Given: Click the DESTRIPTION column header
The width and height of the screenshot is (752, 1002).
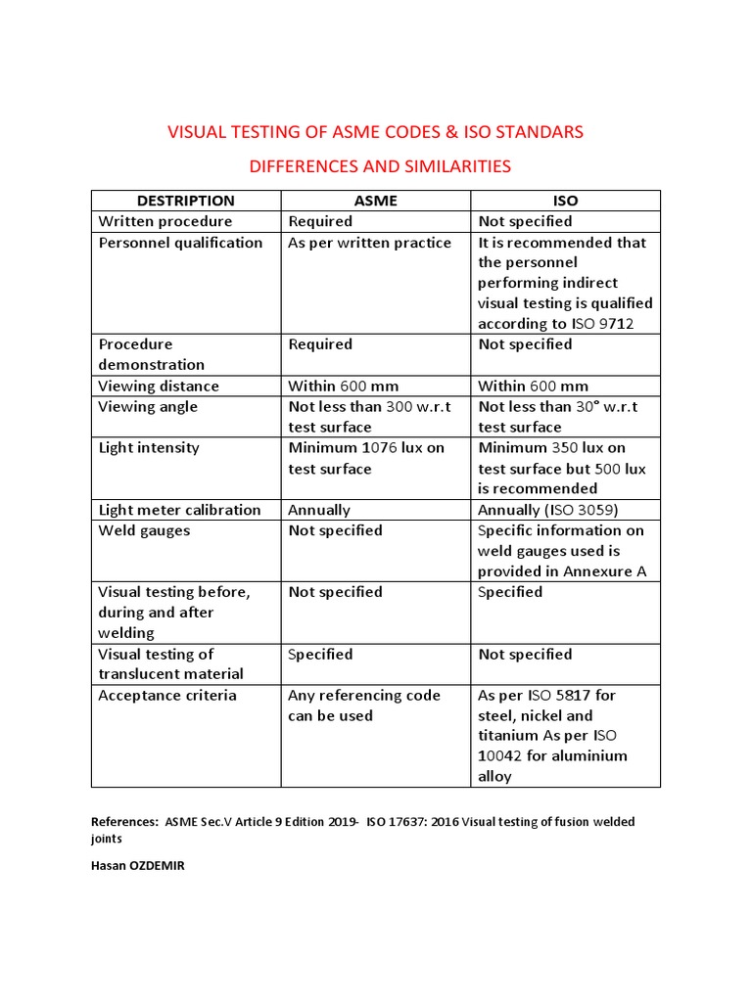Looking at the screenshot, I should [185, 201].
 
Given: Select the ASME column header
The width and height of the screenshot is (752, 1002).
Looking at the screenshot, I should [375, 201].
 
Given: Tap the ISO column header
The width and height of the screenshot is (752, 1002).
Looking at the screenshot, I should [565, 201].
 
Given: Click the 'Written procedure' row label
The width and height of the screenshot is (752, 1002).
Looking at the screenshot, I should [165, 221].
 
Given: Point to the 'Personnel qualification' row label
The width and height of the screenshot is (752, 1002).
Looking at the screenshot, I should [180, 243].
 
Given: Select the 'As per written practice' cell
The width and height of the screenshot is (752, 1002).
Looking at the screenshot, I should [369, 243].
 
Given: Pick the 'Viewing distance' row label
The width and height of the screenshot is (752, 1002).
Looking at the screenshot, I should [159, 386].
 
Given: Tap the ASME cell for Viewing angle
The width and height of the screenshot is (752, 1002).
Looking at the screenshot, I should [370, 417].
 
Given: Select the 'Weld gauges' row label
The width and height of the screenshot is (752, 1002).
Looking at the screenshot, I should [144, 530].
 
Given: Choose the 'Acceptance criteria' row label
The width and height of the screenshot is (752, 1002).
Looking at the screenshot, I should [167, 696].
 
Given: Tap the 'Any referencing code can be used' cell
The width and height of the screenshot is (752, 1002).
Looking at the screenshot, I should [364, 706].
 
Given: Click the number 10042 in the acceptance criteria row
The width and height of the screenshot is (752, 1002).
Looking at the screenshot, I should [503, 756].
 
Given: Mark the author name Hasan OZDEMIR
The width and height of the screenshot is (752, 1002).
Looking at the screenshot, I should [137, 865].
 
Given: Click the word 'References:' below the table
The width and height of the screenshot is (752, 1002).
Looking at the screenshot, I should [122, 822].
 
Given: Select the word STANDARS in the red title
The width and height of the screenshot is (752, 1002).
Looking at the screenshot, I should [536, 132].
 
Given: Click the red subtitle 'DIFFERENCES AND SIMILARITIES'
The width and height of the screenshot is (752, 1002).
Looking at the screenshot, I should [380, 166].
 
